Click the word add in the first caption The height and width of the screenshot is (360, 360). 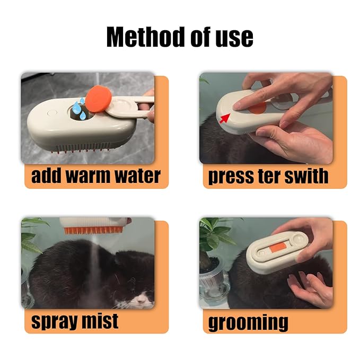point(47,176)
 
